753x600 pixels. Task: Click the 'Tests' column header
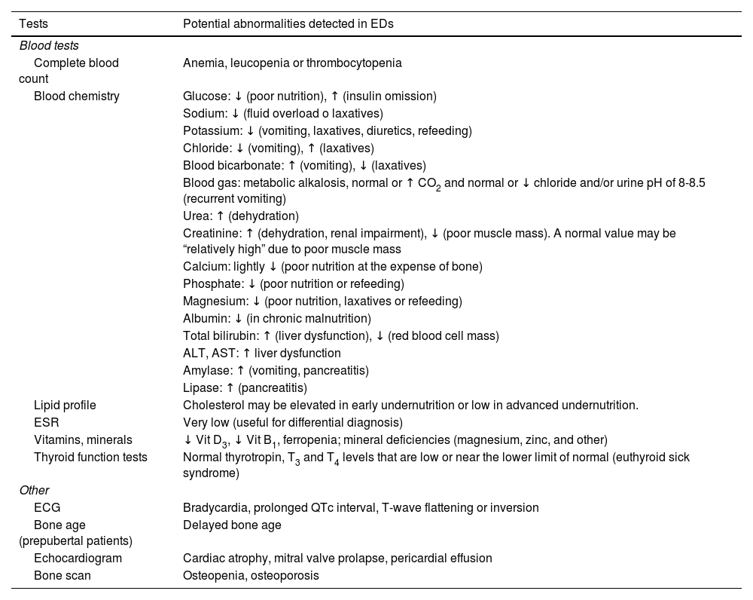(33, 23)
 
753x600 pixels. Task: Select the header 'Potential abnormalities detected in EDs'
(288, 23)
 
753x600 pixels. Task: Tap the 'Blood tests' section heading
(49, 46)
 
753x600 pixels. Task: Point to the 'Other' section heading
(34, 491)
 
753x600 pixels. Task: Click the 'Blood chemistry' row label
(77, 96)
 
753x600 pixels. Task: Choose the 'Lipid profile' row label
(65, 406)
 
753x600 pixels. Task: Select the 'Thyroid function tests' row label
(90, 457)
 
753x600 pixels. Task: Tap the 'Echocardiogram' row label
(78, 559)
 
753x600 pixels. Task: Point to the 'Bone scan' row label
(62, 576)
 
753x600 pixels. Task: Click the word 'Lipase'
(200, 388)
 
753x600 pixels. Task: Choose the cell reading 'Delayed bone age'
(232, 525)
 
